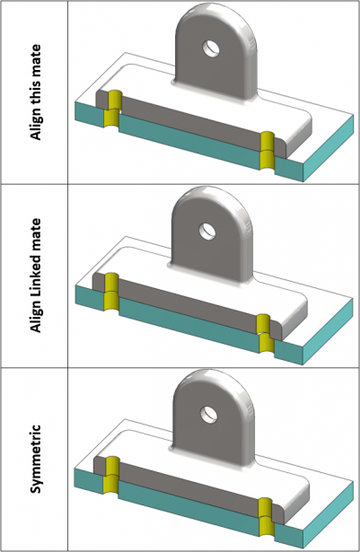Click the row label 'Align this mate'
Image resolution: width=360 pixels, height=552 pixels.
point(36,92)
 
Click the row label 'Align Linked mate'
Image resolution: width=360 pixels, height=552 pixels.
point(36,276)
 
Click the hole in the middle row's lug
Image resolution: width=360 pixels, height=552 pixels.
point(209,230)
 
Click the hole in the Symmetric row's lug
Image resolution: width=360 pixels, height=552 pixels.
point(212,414)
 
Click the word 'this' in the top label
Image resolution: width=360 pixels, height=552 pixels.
point(36,86)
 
